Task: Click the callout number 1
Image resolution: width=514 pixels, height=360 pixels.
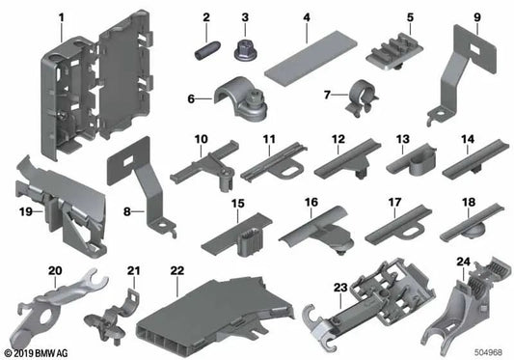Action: tap(61, 17)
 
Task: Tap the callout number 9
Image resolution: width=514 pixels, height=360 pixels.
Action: tap(476, 17)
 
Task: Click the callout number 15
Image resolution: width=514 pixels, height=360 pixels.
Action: tap(235, 204)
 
